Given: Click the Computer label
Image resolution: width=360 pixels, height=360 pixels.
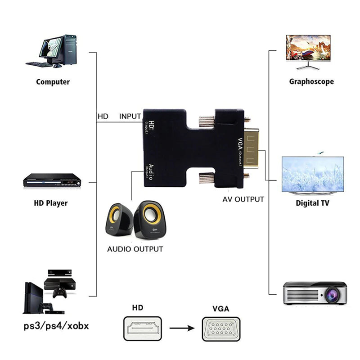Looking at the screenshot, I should coord(53,82).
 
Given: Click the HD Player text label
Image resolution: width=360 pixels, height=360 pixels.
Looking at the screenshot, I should coord(51,203).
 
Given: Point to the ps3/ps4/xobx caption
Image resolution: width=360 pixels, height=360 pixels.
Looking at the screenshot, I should coord(56,325).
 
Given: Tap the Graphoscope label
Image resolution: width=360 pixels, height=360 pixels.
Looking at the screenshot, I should coord(311,82).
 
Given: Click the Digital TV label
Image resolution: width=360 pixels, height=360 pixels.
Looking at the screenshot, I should coord(312,203).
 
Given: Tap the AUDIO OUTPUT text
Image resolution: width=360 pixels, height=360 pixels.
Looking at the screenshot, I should coord(135,249).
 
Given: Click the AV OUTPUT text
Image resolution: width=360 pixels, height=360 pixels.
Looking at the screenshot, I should coord(243,199).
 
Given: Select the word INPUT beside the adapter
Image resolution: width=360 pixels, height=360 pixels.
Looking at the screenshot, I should coord(130,116).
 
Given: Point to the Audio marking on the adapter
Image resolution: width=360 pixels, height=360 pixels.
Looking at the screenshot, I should coord(151,171).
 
